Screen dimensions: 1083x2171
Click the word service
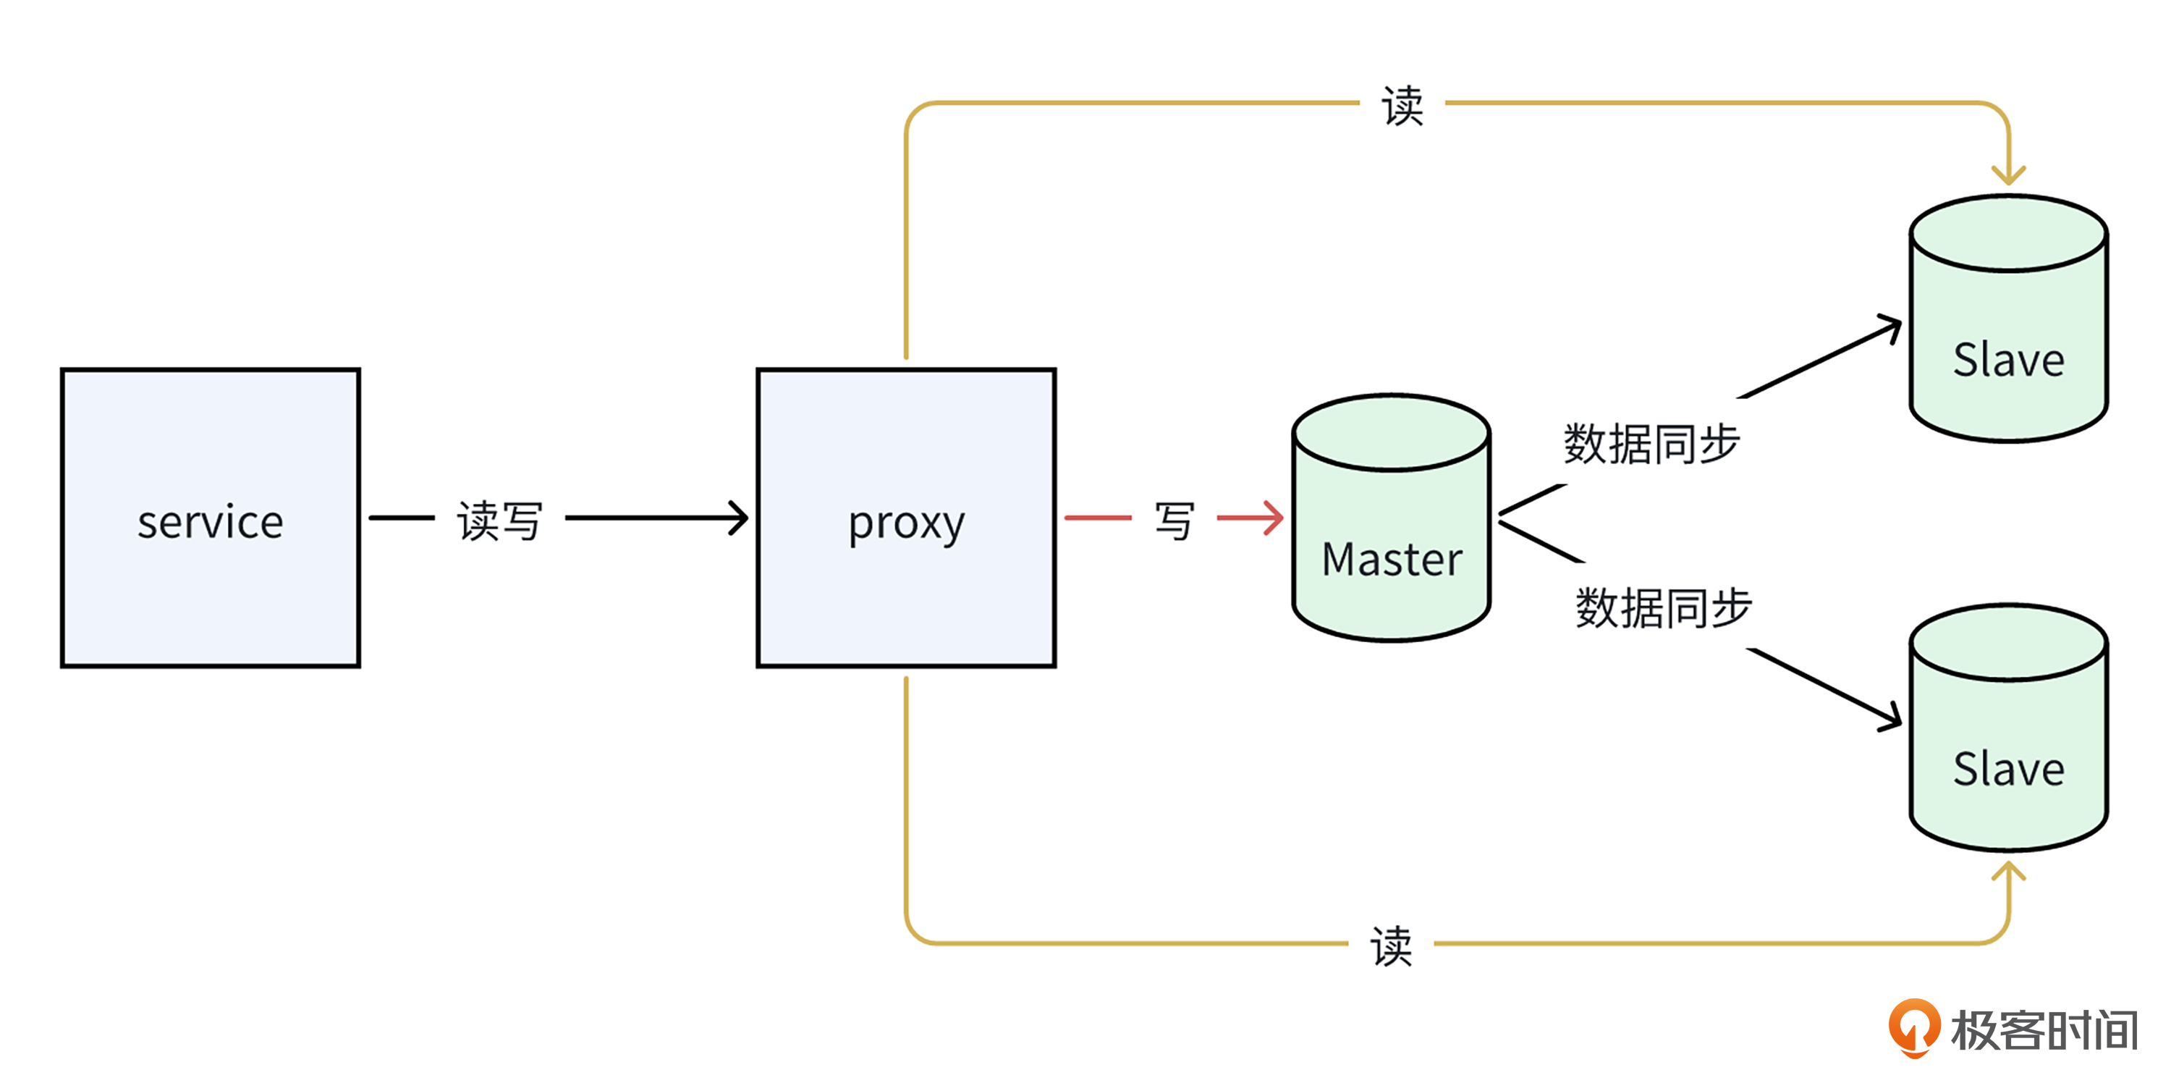coord(210,523)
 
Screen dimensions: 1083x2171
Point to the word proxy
coord(906,524)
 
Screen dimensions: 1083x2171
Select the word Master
coord(1392,560)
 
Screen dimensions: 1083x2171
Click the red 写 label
coord(1175,520)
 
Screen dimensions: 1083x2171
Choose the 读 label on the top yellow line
coord(1402,106)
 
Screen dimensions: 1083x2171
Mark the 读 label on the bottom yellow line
coord(1391,945)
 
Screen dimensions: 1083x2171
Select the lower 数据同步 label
coord(1664,607)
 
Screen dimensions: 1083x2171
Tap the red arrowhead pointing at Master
coord(1273,518)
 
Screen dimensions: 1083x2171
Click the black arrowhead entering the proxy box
coord(738,518)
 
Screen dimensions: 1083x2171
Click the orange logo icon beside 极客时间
coord(1914,1027)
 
